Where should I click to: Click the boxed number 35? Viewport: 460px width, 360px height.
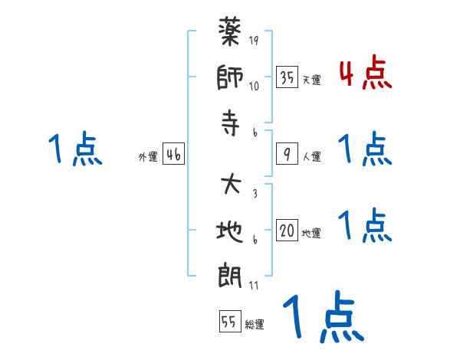287,77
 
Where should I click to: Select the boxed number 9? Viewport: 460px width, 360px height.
287,155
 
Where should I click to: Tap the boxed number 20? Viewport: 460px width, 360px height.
287,231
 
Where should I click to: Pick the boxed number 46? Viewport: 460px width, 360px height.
173,155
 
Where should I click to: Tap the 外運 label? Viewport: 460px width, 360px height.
148,157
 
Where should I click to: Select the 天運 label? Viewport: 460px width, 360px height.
311,80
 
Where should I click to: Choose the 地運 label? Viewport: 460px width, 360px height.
311,234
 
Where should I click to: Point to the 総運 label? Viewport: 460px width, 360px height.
255,325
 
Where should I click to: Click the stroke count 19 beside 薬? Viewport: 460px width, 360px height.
253,41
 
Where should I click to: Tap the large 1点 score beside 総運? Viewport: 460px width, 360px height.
322,318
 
